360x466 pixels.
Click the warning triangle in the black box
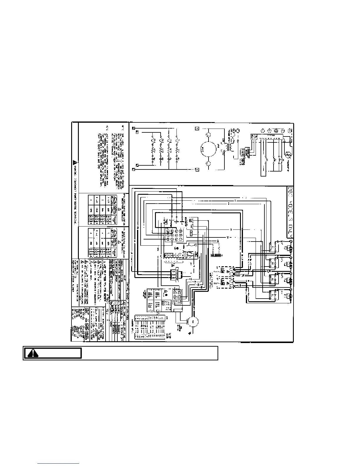point(33,353)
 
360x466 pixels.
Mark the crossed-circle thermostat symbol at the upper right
point(289,154)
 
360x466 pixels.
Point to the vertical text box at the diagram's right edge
point(290,212)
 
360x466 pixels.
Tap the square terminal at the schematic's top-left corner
point(134,128)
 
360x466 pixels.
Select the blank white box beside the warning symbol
point(149,353)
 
